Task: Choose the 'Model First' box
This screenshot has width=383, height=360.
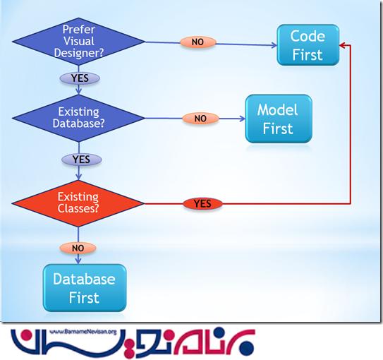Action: coord(277,120)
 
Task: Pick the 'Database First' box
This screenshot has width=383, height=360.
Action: coord(85,287)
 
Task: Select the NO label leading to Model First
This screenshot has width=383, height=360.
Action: coord(200,119)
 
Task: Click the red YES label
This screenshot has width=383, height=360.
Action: coord(202,204)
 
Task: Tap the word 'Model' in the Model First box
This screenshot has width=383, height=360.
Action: coord(277,111)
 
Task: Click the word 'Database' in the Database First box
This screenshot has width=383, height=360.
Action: coord(85,279)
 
